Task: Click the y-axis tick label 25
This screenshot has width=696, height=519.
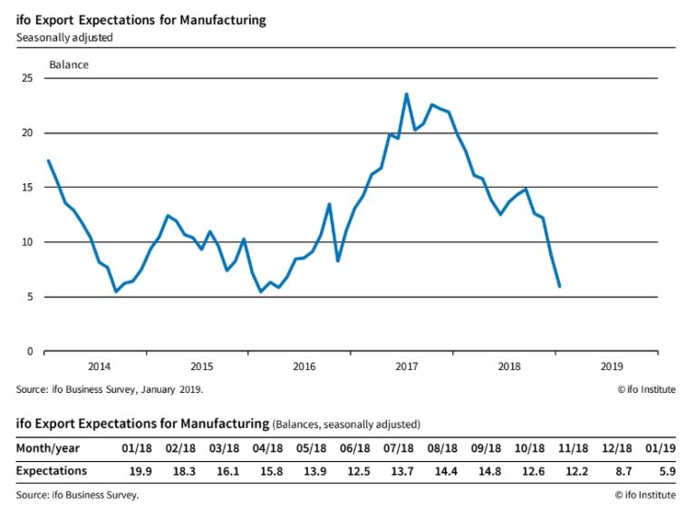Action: coord(27,78)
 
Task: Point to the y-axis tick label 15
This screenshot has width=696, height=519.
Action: coord(27,188)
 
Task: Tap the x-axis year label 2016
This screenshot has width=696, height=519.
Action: coord(304,367)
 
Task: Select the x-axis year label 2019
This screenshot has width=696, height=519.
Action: coord(612,367)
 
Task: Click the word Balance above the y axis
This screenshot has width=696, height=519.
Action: coord(69,65)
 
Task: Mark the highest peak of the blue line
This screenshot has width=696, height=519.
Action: coord(406,93)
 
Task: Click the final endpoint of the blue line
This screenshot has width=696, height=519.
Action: coord(559,286)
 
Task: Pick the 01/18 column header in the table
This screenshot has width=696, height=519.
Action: coord(137,448)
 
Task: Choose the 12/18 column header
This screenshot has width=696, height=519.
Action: coord(616,448)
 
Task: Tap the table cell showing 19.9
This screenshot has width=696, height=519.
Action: coord(140,471)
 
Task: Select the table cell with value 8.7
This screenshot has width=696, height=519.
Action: coord(623,471)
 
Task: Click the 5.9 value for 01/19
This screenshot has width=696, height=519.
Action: coord(668,471)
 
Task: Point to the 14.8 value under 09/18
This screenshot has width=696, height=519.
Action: coord(489,471)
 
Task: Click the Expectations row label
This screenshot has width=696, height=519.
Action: coord(52,471)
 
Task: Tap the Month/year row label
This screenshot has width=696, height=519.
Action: coord(48,448)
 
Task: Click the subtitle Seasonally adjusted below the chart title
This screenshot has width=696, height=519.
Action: coord(64,38)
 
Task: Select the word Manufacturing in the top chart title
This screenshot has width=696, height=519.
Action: coord(223,21)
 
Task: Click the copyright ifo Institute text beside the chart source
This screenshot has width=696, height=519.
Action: coord(647,389)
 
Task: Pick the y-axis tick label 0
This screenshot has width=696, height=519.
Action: coord(30,351)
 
